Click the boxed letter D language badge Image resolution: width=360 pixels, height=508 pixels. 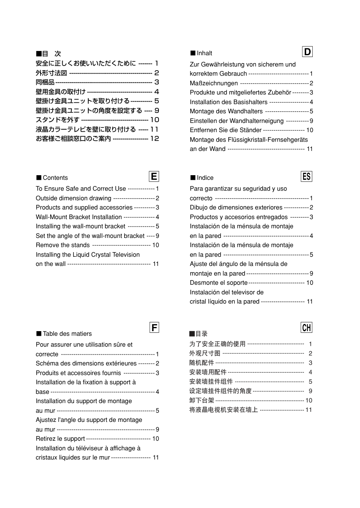click(x=307, y=52)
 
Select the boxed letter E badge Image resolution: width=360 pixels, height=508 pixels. click(x=154, y=176)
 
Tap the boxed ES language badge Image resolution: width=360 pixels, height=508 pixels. click(x=306, y=176)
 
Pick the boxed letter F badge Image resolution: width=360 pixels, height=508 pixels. click(x=154, y=327)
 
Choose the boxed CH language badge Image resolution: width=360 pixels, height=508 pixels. click(x=306, y=327)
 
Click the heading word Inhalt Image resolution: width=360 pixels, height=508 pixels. click(x=204, y=53)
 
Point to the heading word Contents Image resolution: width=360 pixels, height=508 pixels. click(x=55, y=178)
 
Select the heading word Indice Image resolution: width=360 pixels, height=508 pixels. click(x=205, y=178)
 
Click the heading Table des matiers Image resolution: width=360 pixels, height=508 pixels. click(x=67, y=334)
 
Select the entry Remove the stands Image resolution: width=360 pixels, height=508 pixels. click(x=63, y=245)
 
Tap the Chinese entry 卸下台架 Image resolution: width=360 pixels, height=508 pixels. click(x=202, y=400)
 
